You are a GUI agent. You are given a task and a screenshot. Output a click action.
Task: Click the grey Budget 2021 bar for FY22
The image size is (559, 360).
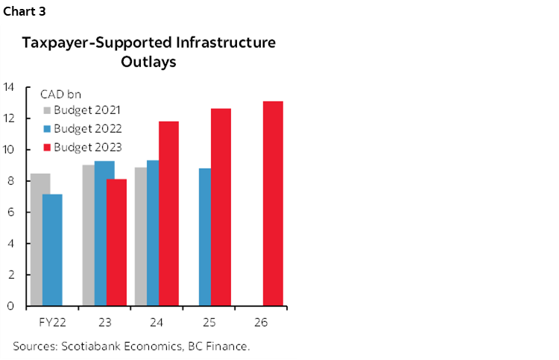[40, 239]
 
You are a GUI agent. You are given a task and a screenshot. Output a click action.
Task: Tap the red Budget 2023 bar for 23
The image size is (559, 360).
[116, 242]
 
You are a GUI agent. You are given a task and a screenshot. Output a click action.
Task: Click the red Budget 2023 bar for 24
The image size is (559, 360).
[168, 213]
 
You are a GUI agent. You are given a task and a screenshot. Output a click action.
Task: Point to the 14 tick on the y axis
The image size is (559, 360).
[9, 86]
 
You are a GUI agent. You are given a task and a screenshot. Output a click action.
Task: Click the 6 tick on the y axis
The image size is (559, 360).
[11, 212]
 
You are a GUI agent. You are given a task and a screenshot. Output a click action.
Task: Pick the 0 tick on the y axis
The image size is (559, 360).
[11, 306]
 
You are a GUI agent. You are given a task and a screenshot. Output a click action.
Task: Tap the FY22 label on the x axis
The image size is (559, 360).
[51, 323]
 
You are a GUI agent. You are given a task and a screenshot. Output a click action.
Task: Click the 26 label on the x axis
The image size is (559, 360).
[260, 323]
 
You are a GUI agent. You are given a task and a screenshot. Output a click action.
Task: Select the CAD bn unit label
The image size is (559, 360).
[61, 94]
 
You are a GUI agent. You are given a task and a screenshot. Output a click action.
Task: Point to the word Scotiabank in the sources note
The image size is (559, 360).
[90, 346]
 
